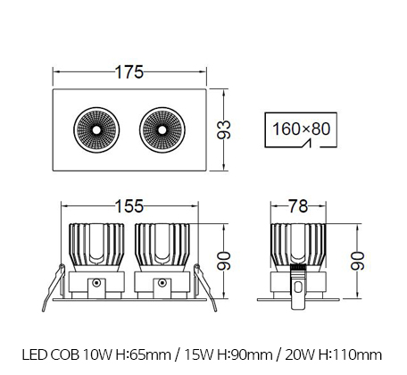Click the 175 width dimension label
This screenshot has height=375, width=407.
click(x=129, y=72)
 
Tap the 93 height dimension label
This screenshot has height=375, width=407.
click(x=224, y=129)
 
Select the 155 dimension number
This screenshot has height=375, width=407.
click(x=129, y=206)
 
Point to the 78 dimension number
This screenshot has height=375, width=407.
click(x=298, y=206)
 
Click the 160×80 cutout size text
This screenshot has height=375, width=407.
click(x=301, y=129)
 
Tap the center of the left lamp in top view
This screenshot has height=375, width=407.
click(x=96, y=130)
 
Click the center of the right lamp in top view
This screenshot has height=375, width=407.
click(x=162, y=130)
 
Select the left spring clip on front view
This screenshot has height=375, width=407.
click(x=54, y=287)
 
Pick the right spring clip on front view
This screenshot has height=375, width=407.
click(x=205, y=287)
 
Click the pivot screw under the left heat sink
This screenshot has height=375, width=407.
click(x=96, y=282)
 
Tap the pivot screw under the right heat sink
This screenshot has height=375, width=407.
click(x=162, y=282)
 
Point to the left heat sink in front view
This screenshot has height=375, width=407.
click(x=96, y=247)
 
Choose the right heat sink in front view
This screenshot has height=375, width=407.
click(x=162, y=247)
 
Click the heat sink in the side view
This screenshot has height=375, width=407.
click(x=298, y=247)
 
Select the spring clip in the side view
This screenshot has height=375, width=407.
click(x=298, y=287)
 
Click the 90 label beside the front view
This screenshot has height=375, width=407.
click(x=224, y=261)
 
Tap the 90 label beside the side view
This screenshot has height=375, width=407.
click(x=357, y=261)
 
